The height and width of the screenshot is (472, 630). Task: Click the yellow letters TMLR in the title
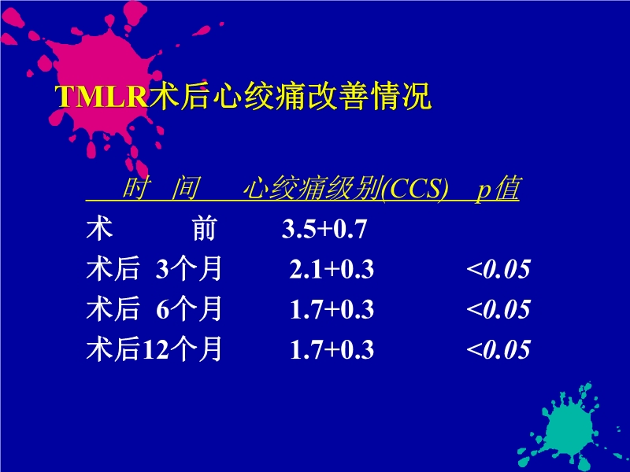pyautogui.click(x=102, y=97)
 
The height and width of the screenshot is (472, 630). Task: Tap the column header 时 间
pyautogui.click(x=161, y=190)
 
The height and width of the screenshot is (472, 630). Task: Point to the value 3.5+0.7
pyautogui.click(x=325, y=230)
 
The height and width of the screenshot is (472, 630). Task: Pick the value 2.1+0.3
pyautogui.click(x=332, y=270)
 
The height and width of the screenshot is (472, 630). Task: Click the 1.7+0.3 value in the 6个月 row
pyautogui.click(x=332, y=310)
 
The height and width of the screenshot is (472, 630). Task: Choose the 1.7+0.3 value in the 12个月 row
pyautogui.click(x=332, y=350)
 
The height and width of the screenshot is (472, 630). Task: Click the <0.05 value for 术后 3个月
pyautogui.click(x=498, y=270)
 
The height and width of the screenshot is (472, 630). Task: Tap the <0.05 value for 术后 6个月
pyautogui.click(x=498, y=310)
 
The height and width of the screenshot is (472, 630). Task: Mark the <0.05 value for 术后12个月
pyautogui.click(x=498, y=350)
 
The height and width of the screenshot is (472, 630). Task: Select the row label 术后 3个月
pyautogui.click(x=154, y=270)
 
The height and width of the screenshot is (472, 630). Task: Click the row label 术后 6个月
pyautogui.click(x=154, y=310)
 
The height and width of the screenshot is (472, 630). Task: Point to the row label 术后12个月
pyautogui.click(x=154, y=350)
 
